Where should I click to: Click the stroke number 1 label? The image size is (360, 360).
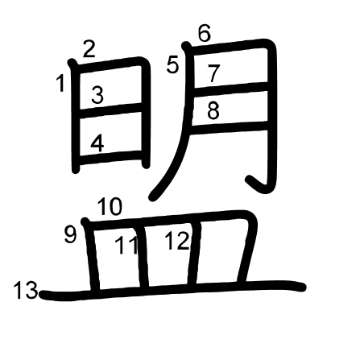61,83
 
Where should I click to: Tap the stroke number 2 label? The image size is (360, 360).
89,49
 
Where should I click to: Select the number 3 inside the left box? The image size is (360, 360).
97,95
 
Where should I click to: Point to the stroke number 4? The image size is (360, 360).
97,143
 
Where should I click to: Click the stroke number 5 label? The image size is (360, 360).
172,65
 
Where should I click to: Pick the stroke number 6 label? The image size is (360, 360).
205,33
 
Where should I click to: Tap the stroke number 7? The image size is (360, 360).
214,73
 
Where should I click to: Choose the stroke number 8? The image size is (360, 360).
213,110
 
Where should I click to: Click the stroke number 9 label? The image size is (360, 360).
70,234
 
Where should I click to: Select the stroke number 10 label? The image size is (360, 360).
110,207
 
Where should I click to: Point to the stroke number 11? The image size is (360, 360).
126,245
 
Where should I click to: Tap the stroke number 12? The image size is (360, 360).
177,241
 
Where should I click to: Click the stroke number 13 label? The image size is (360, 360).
26,290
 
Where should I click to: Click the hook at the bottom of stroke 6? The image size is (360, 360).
258,184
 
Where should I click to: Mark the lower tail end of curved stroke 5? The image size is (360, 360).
152,197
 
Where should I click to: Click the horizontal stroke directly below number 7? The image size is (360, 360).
230,88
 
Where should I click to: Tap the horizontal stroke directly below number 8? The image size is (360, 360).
230,126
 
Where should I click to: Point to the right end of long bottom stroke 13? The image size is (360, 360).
303,287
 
